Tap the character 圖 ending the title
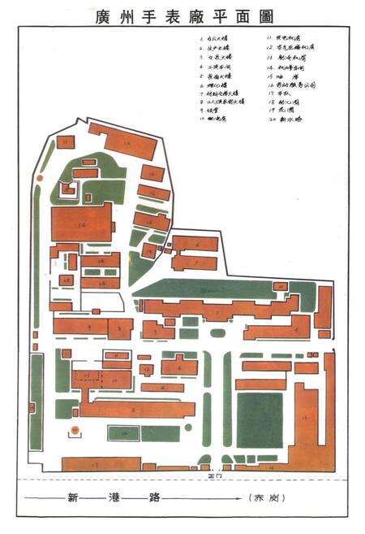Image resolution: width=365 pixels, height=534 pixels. (x=263, y=15)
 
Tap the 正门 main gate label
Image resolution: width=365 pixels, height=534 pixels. (x=214, y=475)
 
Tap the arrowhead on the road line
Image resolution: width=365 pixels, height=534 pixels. (x=241, y=497)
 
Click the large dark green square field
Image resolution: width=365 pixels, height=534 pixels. (x=260, y=419)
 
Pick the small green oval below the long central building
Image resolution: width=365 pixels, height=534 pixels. (x=217, y=332)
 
